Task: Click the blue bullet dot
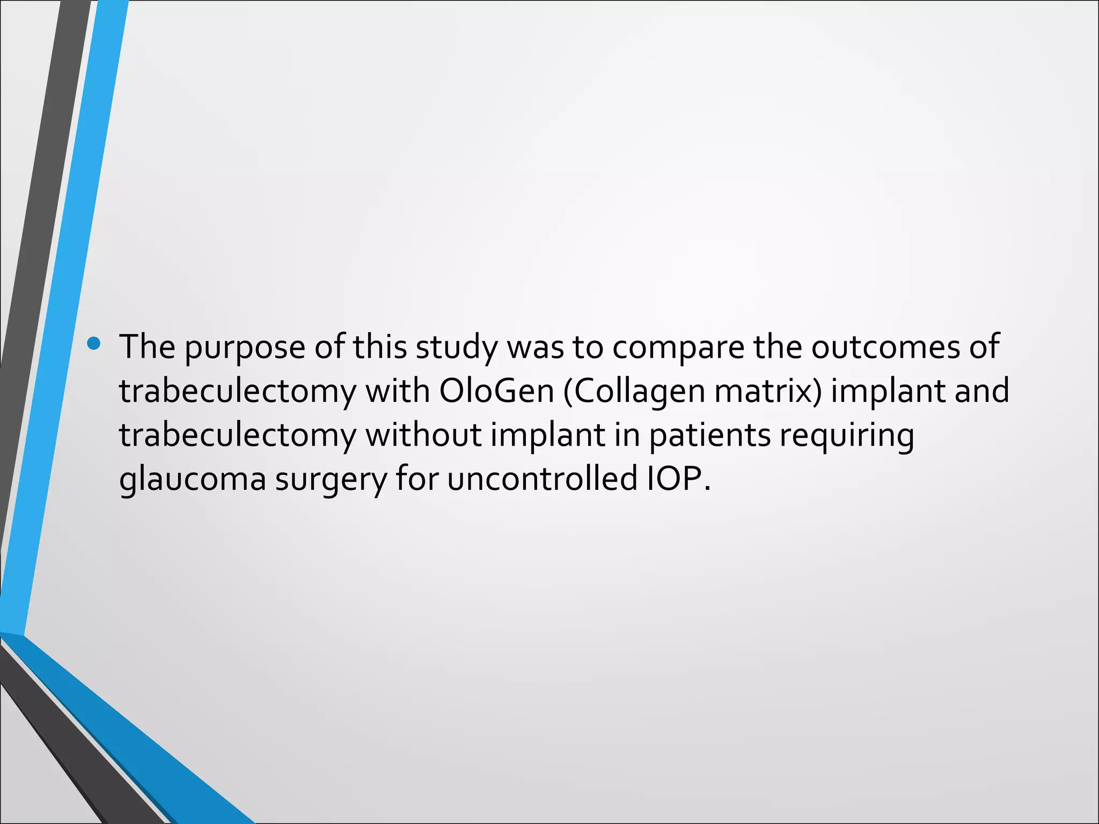pos(93,343)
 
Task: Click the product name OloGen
pos(496,391)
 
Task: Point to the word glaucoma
pos(193,480)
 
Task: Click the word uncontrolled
pos(542,479)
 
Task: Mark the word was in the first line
pos(535,348)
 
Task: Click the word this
pos(380,347)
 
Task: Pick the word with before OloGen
pos(398,391)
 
